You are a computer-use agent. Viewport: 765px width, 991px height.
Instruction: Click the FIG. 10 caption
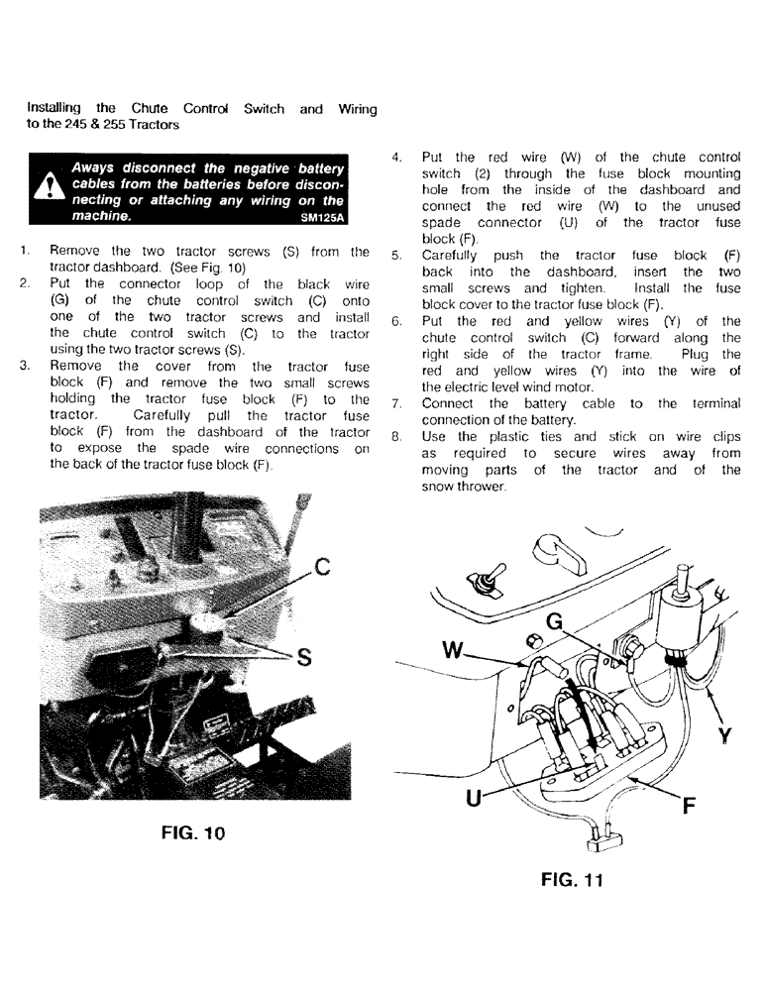(x=193, y=832)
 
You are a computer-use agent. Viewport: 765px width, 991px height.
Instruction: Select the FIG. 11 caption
(x=572, y=879)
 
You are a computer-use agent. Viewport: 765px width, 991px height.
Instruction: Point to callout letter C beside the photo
(x=320, y=569)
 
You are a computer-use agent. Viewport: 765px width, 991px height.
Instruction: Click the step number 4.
(x=396, y=158)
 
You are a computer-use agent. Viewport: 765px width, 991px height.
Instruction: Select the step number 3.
(x=25, y=366)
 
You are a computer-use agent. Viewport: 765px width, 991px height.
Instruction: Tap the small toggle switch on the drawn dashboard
(x=486, y=586)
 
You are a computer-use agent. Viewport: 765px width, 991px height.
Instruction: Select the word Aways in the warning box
(x=94, y=166)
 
